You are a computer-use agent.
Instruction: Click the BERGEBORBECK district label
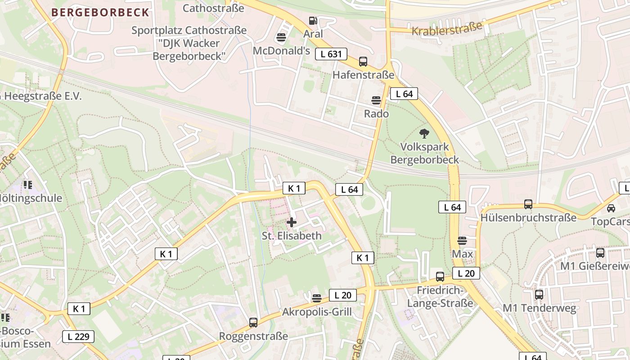click(100, 12)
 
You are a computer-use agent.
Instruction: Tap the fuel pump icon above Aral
click(313, 20)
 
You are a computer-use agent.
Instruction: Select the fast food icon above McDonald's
click(282, 37)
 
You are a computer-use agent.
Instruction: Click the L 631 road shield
click(331, 54)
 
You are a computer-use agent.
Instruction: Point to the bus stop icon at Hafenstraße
click(363, 62)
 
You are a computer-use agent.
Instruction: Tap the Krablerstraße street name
click(447, 30)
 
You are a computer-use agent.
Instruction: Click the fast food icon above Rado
click(376, 100)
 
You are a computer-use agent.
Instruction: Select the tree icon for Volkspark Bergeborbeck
click(424, 133)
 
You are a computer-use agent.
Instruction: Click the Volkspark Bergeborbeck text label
click(424, 153)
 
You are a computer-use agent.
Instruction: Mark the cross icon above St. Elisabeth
click(292, 222)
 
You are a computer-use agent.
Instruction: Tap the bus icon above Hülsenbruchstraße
click(528, 204)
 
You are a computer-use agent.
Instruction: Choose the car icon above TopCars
click(611, 208)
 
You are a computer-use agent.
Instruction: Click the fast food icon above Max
click(462, 240)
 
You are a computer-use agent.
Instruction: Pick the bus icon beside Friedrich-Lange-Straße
click(440, 276)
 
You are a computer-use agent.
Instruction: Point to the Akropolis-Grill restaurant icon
click(317, 298)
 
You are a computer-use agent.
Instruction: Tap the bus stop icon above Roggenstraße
click(253, 322)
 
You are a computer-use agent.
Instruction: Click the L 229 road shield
click(78, 336)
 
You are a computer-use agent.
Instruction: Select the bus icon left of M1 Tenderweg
click(539, 295)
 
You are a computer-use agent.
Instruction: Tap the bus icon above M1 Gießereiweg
click(600, 253)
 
